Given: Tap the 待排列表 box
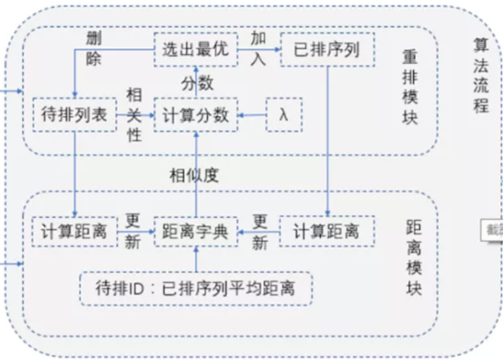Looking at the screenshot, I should click(x=74, y=115).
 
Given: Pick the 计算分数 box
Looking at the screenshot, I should click(x=196, y=115).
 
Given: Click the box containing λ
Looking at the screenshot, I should click(x=284, y=115).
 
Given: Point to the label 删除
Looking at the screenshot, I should click(x=95, y=49).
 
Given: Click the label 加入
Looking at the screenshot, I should click(x=259, y=49).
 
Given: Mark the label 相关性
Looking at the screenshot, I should click(x=134, y=115).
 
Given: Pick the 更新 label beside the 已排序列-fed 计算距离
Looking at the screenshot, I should click(x=260, y=231).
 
